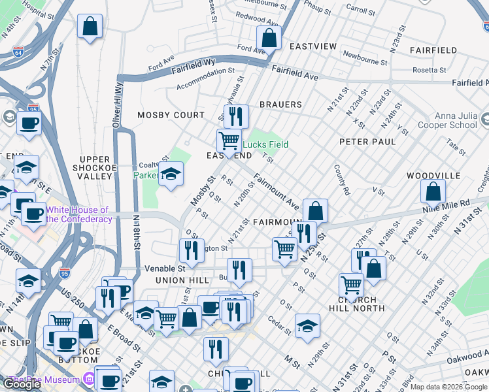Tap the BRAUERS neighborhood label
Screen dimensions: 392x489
pos(280,105)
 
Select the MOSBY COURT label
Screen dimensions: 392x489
pos(171,115)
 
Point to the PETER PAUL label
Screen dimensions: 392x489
pos(367,141)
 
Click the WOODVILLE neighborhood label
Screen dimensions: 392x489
pos(433,176)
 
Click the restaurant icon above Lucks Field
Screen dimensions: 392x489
pos(236,116)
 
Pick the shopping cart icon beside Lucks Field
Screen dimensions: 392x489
pos(229,140)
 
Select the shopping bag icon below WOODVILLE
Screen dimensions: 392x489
pos(433,192)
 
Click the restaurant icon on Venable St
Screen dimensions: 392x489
pos(239,270)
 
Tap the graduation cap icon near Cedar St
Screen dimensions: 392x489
pos(307,326)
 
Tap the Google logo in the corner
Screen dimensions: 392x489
pos(22,384)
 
